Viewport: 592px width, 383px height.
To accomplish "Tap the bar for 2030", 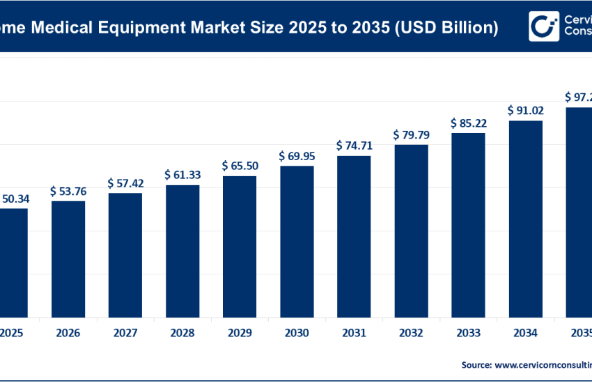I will (297, 241).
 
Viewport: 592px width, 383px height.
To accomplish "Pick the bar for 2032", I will (411, 230).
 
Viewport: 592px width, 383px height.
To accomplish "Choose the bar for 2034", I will (525, 219).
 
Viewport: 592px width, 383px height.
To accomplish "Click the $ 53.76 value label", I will (68, 191).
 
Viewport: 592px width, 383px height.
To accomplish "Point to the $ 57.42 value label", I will (125, 182).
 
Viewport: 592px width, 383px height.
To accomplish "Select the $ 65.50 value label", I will (240, 166).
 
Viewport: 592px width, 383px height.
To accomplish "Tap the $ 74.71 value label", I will (354, 146).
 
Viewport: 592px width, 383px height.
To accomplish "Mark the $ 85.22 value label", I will (468, 123).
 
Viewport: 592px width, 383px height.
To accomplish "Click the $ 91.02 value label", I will (525, 110).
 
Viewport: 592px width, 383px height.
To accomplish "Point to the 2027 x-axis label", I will (125, 334).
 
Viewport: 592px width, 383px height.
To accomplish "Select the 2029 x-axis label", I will (240, 334).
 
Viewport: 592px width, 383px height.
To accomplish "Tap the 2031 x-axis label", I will (354, 334).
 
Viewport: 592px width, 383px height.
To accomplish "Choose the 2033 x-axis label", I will (468, 334).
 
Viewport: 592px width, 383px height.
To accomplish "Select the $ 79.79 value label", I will (411, 134).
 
